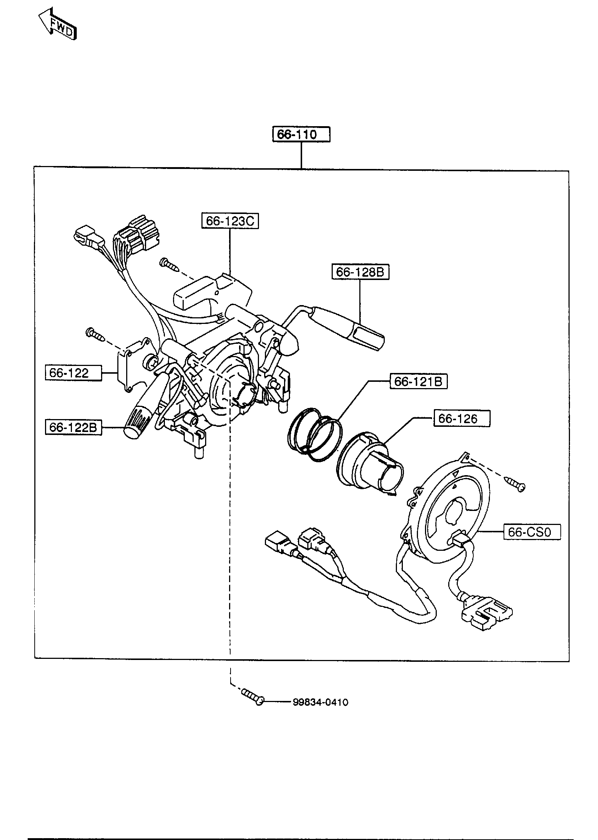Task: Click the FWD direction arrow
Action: [x=58, y=24]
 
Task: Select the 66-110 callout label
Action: [x=301, y=134]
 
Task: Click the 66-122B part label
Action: [x=73, y=427]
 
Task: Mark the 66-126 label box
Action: [x=462, y=418]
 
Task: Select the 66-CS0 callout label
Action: [x=532, y=532]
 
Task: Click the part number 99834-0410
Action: [x=321, y=702]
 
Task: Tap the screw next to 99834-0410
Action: [x=253, y=697]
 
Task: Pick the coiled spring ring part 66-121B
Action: [x=314, y=434]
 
